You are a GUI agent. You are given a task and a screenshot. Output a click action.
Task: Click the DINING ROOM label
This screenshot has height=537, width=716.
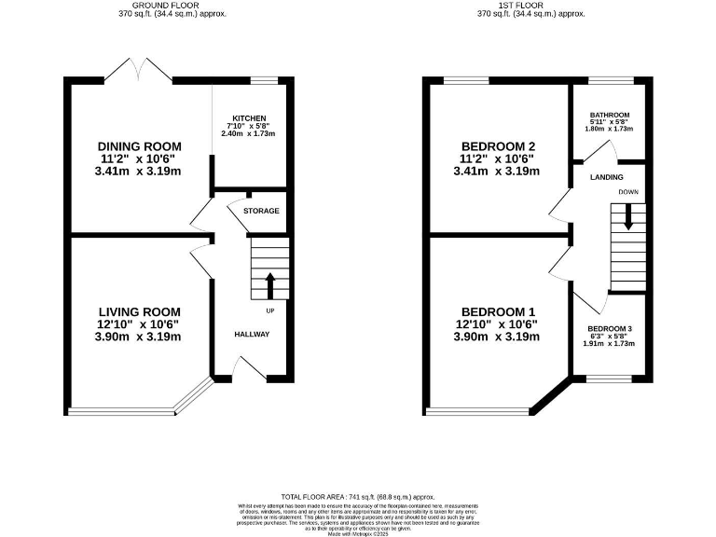[x=140, y=146]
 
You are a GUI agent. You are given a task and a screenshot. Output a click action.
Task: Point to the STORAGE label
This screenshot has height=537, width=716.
[x=261, y=211]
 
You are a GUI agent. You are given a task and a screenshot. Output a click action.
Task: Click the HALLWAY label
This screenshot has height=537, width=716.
[x=252, y=334]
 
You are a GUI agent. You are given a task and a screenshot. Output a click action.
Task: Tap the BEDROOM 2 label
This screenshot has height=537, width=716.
[x=498, y=146]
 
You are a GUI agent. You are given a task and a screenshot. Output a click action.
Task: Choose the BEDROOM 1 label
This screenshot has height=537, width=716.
[x=498, y=311]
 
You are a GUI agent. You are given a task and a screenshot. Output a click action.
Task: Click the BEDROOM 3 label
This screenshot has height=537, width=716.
[x=610, y=329]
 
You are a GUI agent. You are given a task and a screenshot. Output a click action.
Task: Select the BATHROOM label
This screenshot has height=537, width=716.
[x=610, y=115]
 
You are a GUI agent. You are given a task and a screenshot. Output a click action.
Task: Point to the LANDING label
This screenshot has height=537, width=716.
[x=606, y=176]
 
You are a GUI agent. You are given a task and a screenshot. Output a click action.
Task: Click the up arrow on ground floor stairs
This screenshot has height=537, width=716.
[x=270, y=282]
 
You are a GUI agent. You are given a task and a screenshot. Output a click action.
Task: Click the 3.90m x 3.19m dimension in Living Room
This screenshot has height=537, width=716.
[x=140, y=337]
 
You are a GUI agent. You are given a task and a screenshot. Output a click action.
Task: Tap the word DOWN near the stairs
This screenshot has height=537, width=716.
[x=627, y=193]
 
